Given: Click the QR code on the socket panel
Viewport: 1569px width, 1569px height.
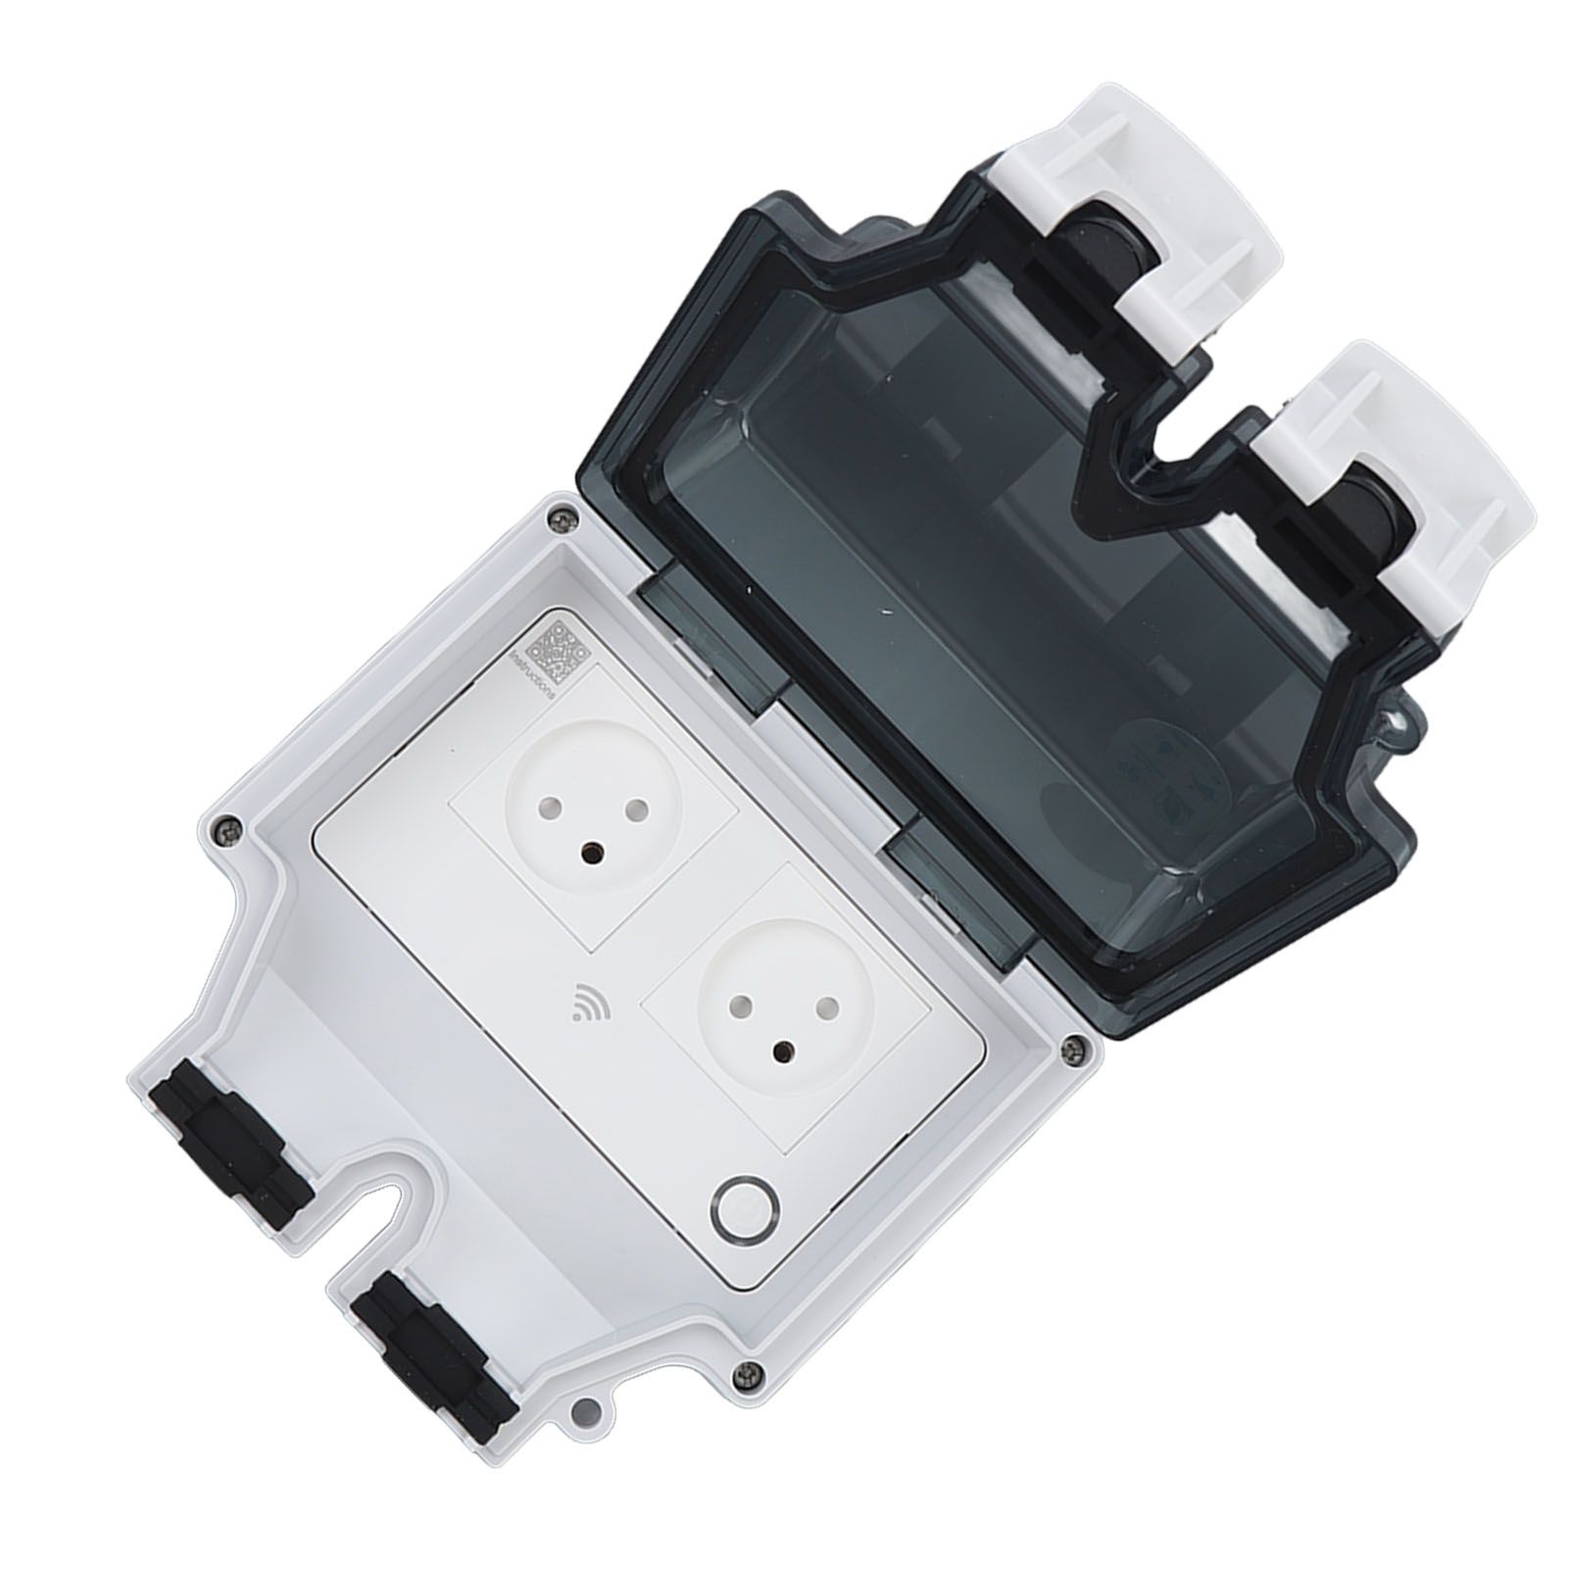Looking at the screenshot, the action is tap(556, 650).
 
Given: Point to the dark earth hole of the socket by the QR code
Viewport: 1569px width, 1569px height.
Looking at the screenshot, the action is tap(592, 854).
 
